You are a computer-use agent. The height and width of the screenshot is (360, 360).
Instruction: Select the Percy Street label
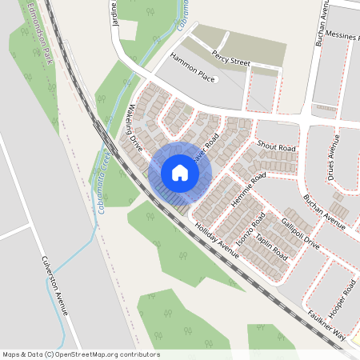231,57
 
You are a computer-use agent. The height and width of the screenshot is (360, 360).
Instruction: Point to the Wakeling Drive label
134,127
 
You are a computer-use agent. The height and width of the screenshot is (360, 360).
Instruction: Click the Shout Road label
277,148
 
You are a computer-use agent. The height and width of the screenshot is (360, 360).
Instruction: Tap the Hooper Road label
344,298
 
